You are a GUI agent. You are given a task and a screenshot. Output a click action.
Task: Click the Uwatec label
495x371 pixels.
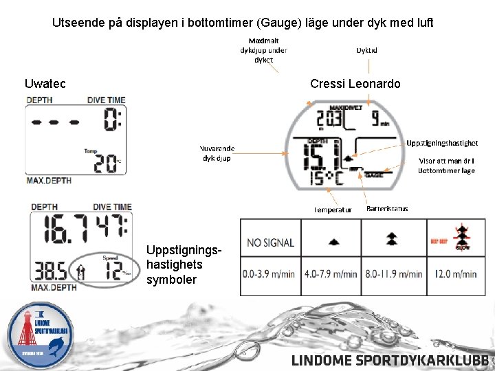(45, 85)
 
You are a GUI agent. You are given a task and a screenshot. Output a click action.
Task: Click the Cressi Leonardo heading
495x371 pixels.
(355, 85)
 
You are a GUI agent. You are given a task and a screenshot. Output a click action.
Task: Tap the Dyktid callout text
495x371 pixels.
(366, 50)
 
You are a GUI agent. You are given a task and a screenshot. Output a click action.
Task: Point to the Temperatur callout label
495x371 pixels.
(333, 209)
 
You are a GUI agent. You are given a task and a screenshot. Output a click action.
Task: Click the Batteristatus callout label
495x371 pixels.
(387, 208)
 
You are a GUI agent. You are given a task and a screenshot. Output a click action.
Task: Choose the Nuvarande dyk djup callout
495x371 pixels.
(217, 153)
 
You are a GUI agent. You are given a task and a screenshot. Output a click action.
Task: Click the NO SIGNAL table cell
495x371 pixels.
(270, 243)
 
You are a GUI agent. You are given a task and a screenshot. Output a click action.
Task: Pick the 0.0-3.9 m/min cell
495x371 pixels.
(269, 274)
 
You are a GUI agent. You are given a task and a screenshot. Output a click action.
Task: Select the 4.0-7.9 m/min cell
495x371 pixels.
(331, 274)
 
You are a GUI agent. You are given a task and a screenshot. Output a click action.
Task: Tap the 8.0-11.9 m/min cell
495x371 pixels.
(393, 274)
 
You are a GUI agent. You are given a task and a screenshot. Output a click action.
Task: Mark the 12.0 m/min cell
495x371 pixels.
(455, 274)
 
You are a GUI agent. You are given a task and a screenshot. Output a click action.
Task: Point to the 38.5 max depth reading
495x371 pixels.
(47, 269)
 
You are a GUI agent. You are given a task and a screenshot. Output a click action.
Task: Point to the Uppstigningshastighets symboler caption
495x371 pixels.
(172, 265)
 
